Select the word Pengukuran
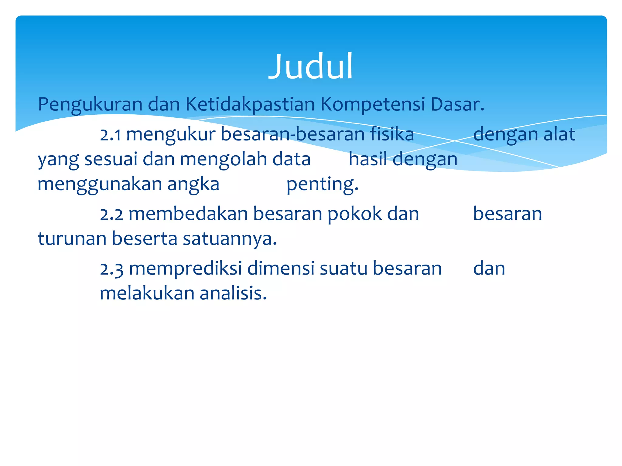[90, 105]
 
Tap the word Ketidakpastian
[250, 105]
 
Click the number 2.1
[111, 134]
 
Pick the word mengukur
[171, 134]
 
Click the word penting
[322, 184]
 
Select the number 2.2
[111, 214]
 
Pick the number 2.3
[111, 269]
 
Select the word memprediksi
[186, 269]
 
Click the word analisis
[233, 293]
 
